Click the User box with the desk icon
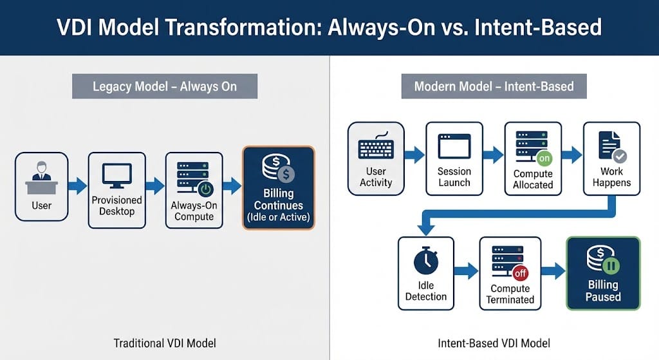pos(41,185)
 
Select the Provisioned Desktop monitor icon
pos(116,175)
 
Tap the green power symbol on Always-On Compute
pos(205,189)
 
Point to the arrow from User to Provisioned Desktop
pos(77,186)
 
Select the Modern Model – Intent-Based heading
pos(494,86)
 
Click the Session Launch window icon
pos(454,147)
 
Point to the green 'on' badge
pos(544,158)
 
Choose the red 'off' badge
pos(520,273)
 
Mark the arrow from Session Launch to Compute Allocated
pos(493,155)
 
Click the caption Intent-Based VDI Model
pos(494,343)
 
